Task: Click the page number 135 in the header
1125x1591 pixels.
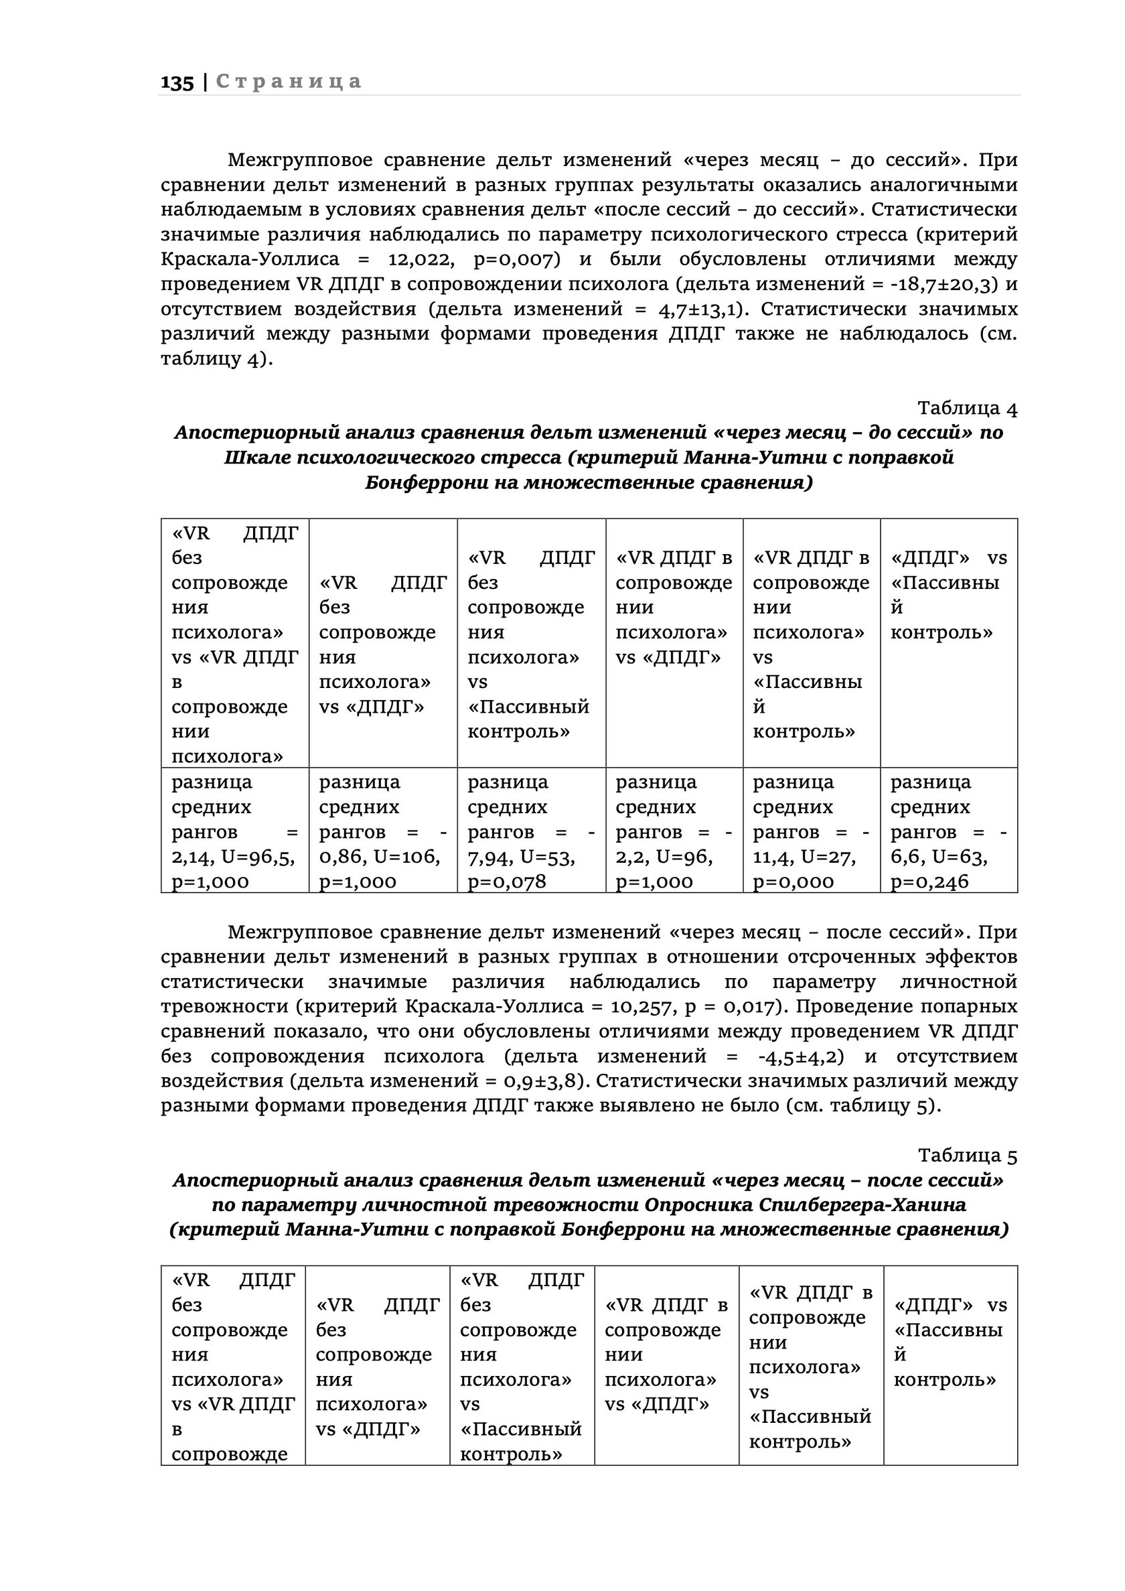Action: pyautogui.click(x=177, y=82)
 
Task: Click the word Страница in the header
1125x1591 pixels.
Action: pyautogui.click(x=289, y=82)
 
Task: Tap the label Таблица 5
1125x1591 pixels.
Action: pyautogui.click(x=967, y=1155)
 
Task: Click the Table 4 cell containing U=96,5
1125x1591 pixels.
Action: pyautogui.click(x=234, y=831)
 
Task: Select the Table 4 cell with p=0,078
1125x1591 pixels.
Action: pyautogui.click(x=530, y=831)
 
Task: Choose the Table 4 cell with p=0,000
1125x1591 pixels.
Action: pyautogui.click(x=811, y=831)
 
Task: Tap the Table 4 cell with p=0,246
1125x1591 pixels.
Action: pyautogui.click(x=948, y=831)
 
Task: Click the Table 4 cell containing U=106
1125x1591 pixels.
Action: pyautogui.click(x=382, y=831)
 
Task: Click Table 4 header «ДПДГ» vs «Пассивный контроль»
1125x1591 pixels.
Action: pyautogui.click(x=948, y=595)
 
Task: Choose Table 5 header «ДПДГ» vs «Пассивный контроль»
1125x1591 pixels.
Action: pyautogui.click(x=950, y=1342)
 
